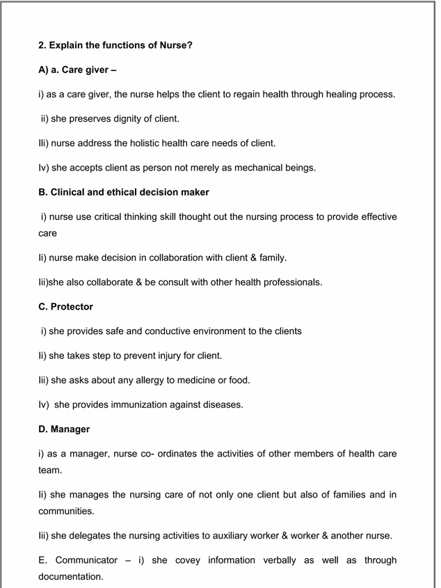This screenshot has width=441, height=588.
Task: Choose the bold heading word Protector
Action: pyautogui.click(x=72, y=306)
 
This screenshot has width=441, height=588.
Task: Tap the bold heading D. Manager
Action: pyautogui.click(x=64, y=429)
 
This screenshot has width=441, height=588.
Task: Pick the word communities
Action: pyautogui.click(x=66, y=511)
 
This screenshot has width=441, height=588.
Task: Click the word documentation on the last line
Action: pyautogui.click(x=70, y=577)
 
